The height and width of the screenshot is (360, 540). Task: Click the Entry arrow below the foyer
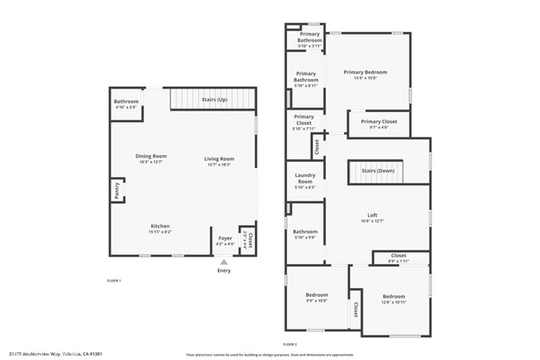click(224, 262)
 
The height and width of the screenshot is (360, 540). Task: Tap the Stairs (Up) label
click(214, 100)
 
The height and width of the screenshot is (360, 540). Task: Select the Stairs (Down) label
click(377, 171)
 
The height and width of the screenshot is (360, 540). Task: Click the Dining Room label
click(151, 156)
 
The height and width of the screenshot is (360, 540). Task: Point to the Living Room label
click(219, 159)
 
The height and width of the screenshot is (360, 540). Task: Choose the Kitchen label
click(160, 226)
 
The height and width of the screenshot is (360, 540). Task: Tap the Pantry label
click(116, 191)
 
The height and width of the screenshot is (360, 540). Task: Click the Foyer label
click(225, 239)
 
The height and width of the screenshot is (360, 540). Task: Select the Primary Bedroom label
click(365, 73)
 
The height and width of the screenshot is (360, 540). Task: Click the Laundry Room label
click(305, 179)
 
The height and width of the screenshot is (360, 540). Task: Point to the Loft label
click(372, 214)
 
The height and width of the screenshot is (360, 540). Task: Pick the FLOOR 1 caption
click(114, 280)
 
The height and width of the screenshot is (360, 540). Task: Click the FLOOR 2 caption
click(290, 345)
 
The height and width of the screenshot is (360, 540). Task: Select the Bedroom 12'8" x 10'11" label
click(393, 297)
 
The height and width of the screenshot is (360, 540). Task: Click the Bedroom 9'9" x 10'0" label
click(316, 295)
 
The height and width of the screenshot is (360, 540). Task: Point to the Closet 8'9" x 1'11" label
click(398, 255)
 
